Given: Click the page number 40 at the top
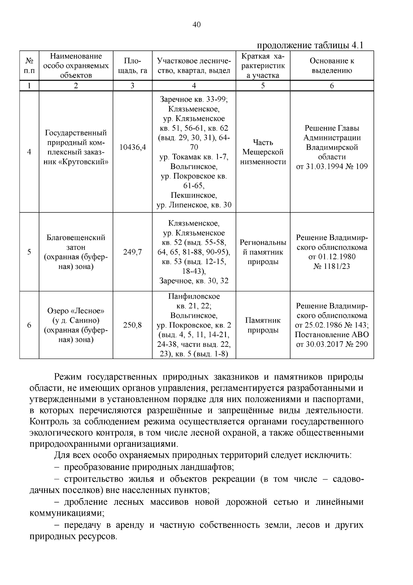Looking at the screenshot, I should (x=197, y=24).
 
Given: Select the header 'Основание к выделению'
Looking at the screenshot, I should (x=332, y=65).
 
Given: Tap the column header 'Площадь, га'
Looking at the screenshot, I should (x=133, y=65).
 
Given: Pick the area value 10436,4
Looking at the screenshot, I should (x=133, y=147).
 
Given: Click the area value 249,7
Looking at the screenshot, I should (x=133, y=252).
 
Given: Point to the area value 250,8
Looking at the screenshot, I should (x=133, y=325).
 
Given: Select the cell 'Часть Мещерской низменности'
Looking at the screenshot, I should (x=263, y=152).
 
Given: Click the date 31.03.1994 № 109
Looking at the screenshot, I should (x=332, y=167).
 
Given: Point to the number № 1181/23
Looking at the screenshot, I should (x=332, y=266).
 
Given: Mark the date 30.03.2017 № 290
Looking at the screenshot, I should (x=332, y=344).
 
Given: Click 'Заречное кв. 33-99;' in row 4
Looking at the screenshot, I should (x=194, y=99).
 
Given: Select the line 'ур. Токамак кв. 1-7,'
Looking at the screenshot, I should (x=194, y=157).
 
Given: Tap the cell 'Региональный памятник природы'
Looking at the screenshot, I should (x=263, y=252).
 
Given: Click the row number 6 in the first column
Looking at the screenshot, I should (x=29, y=325).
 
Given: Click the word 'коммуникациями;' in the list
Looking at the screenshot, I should (x=67, y=513).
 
